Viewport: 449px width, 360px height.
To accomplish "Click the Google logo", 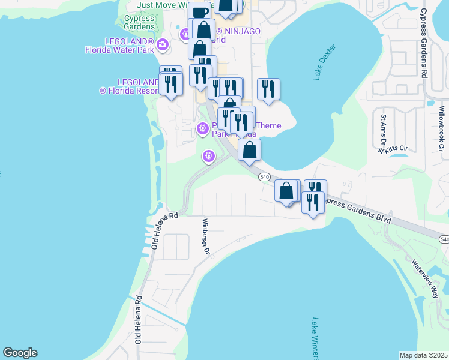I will (20, 353).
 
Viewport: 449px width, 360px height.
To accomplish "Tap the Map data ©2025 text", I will (423, 355).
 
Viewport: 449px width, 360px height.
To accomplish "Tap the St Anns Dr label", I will (382, 128).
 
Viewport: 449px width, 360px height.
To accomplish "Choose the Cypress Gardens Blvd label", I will (358, 210).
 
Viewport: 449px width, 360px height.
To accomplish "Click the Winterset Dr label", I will (205, 236).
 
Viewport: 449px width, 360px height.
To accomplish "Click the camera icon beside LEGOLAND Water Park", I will (162, 44).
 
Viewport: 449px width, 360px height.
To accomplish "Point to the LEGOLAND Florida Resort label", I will (129, 86).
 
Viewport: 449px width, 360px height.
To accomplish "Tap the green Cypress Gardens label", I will (139, 23).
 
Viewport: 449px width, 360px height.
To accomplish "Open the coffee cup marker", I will (200, 11).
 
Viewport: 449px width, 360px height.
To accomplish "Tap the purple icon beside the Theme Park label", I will (203, 128).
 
